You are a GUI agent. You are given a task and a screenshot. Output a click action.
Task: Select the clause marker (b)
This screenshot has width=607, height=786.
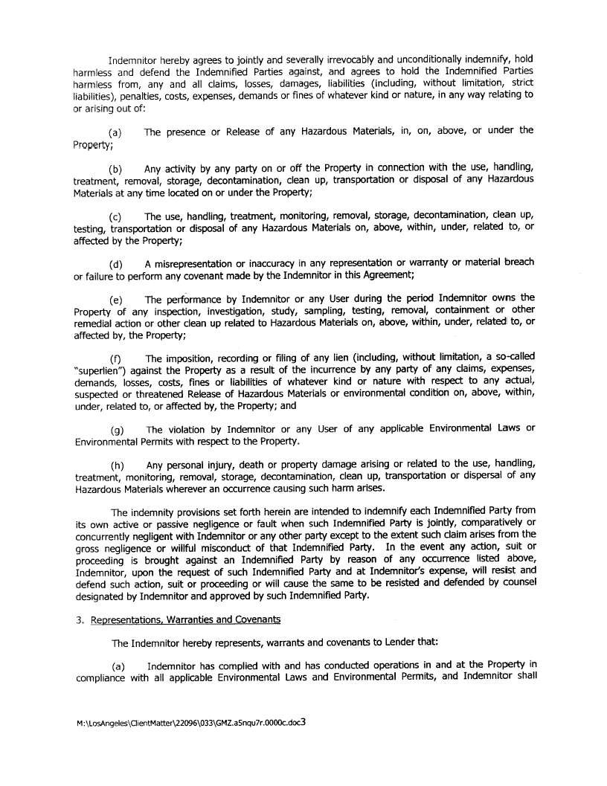tap(115, 169)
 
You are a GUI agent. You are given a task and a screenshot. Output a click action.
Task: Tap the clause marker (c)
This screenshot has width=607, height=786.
tap(115, 216)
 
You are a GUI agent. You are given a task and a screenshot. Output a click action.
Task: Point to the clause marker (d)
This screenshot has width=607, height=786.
tap(115, 264)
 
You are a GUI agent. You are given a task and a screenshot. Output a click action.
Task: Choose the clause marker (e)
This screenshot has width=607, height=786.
tap(115, 300)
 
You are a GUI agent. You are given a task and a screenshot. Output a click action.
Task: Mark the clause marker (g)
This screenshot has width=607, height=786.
tap(116, 430)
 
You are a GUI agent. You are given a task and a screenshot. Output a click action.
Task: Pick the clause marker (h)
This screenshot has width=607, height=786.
tap(116, 466)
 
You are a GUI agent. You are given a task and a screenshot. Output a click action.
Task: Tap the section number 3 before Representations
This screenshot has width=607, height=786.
tap(79, 620)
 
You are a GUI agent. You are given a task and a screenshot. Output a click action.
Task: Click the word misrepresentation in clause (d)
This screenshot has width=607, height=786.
tap(193, 264)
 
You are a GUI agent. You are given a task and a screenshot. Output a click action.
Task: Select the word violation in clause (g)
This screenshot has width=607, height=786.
tap(184, 430)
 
